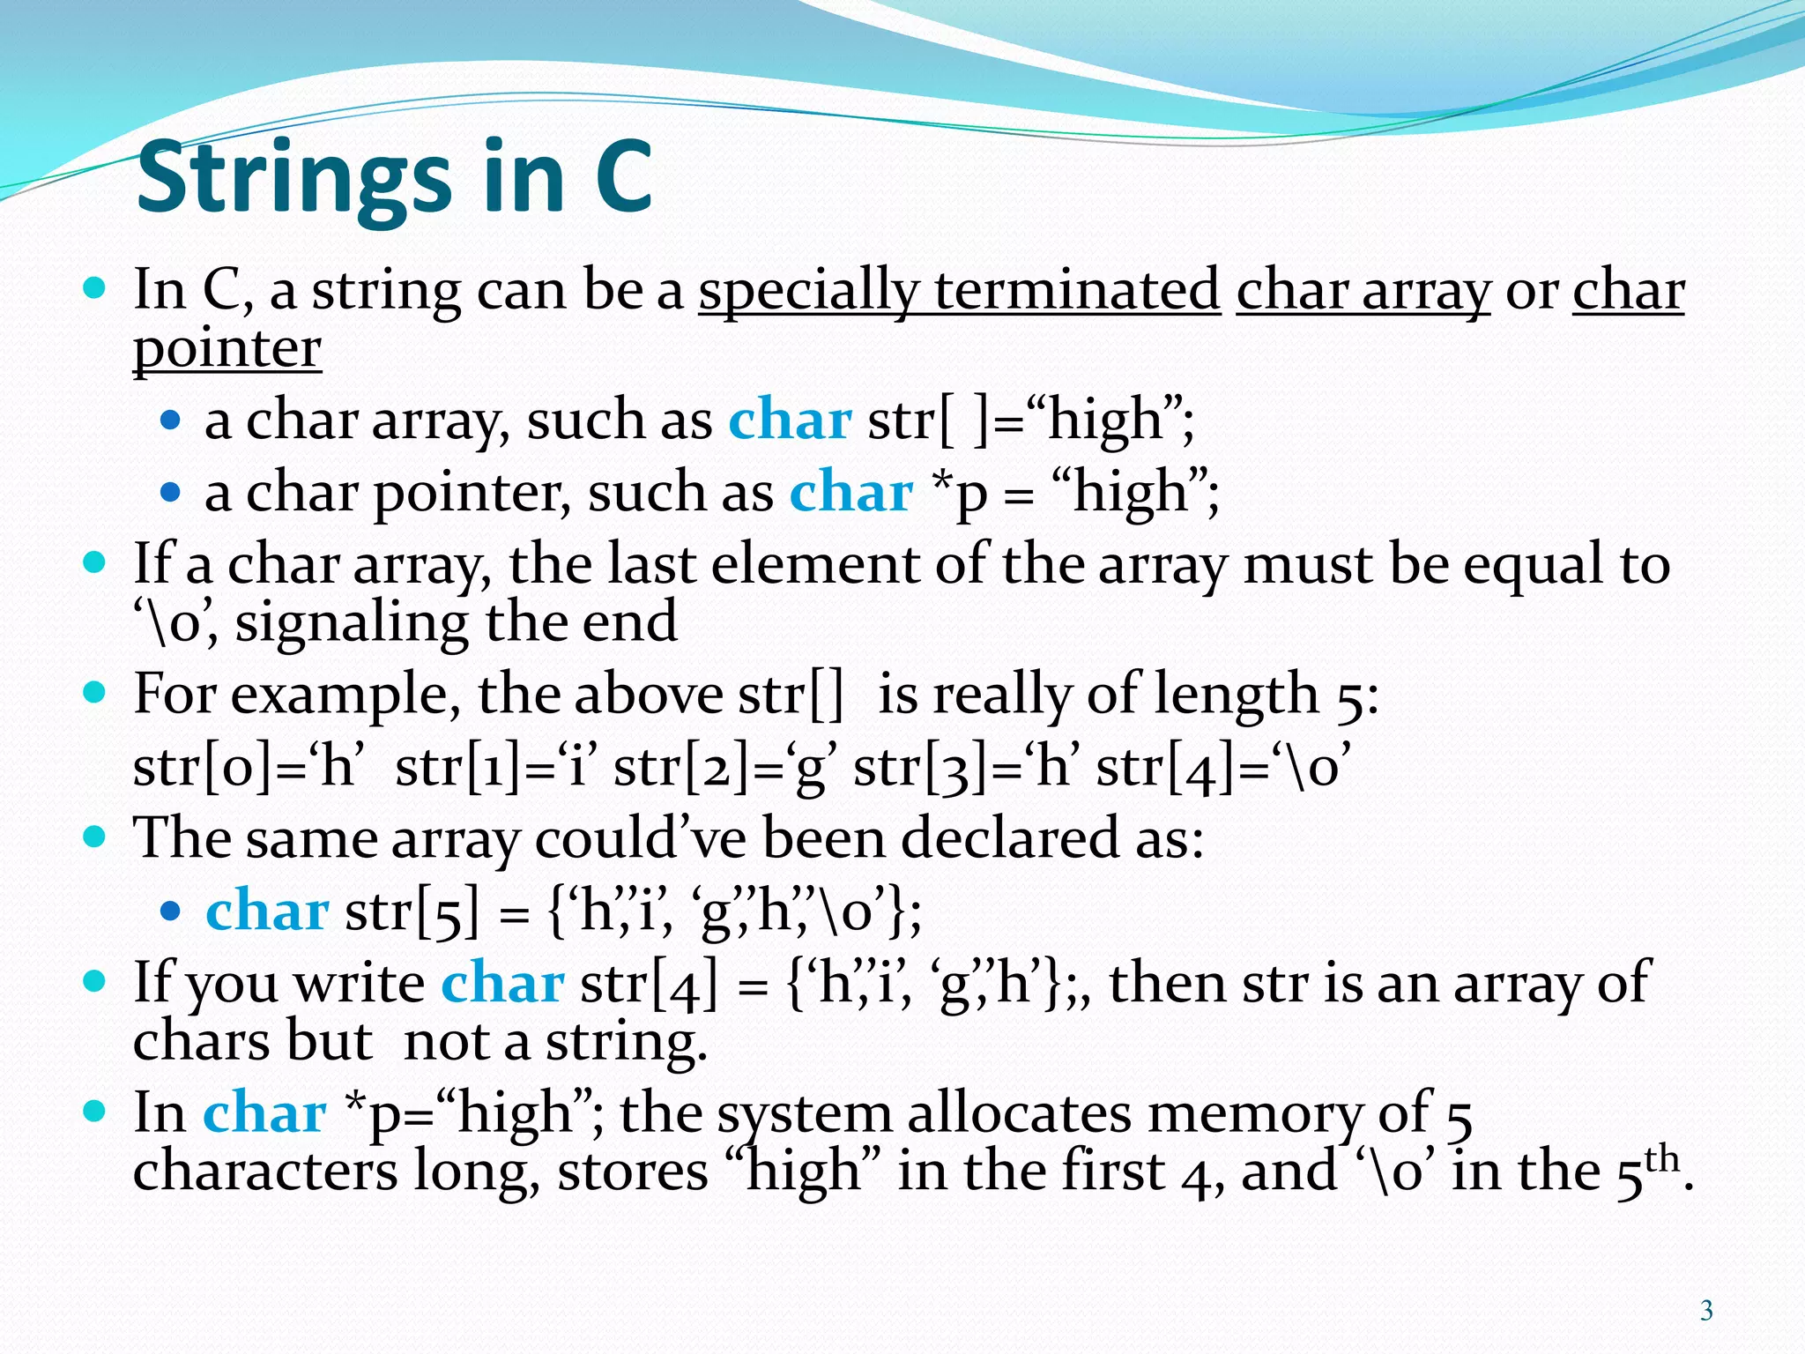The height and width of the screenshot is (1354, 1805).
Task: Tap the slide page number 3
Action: (1706, 1311)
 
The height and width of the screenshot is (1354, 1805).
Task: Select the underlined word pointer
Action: (227, 349)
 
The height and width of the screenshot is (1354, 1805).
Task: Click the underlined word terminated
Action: (1077, 290)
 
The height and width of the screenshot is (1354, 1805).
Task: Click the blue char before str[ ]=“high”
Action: (790, 420)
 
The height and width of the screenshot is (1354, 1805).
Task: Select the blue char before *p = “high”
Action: (851, 493)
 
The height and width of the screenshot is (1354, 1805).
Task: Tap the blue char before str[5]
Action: (267, 911)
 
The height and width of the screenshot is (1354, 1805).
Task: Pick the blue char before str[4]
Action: (502, 984)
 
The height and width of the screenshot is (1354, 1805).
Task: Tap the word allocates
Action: (1019, 1113)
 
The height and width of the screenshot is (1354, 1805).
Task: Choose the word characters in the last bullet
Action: (265, 1172)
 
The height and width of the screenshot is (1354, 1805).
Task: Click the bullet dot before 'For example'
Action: (93, 692)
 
